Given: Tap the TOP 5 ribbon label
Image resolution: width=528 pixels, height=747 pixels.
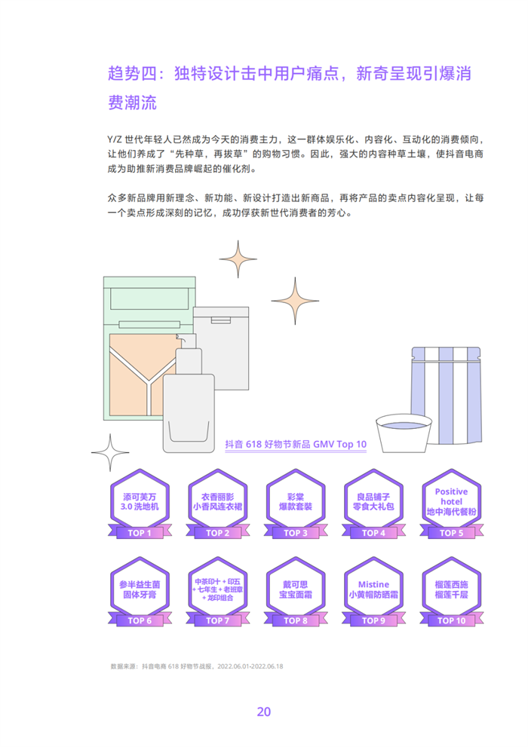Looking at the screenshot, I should [451, 533].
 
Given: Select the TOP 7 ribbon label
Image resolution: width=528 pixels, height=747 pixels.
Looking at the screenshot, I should [217, 620].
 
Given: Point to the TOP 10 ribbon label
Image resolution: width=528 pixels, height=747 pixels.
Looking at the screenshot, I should [451, 620].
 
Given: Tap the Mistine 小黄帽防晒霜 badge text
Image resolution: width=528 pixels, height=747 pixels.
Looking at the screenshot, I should [373, 589].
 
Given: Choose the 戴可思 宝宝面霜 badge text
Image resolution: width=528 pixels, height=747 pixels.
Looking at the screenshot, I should [295, 589].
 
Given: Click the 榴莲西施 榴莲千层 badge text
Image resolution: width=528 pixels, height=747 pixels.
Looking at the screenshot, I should [451, 589].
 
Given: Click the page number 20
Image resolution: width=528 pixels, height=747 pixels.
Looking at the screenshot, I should [264, 712].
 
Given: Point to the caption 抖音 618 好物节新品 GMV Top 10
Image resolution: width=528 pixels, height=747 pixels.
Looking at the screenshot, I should [296, 444].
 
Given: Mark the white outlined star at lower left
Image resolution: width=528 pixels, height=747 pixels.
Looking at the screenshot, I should [111, 453].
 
